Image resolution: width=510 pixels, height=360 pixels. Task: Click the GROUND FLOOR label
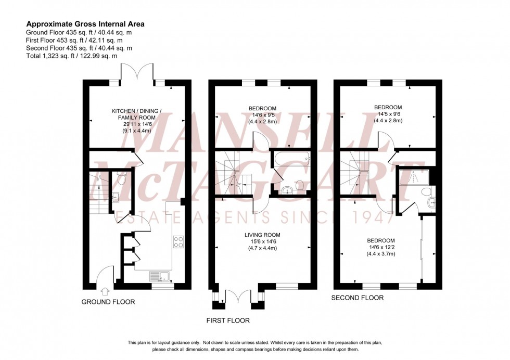click(108, 302)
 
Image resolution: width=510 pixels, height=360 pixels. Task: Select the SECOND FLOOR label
click(358, 298)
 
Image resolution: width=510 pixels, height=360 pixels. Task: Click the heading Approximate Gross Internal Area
click(85, 23)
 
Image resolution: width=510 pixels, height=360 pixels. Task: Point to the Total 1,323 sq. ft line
click(71, 56)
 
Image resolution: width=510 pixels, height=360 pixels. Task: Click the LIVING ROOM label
click(262, 235)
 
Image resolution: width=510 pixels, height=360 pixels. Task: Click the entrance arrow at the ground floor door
click(104, 291)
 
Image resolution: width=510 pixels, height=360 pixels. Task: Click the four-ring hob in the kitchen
click(178, 242)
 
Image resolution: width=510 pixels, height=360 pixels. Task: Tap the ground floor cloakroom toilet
click(121, 178)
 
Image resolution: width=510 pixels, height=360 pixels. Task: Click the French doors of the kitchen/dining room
click(137, 73)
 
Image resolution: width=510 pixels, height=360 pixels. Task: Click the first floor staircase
click(230, 172)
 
